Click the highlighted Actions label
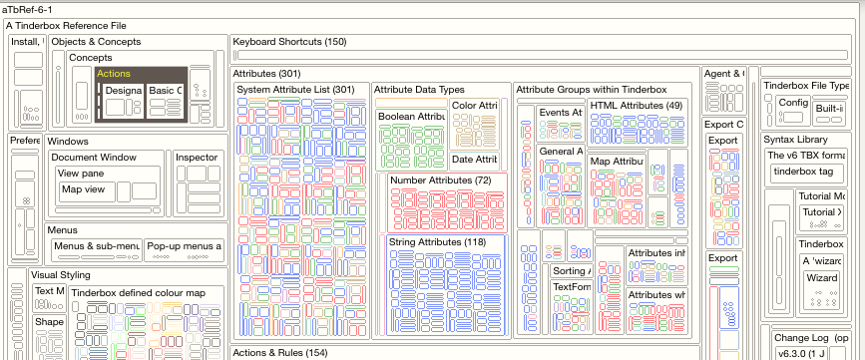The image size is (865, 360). tap(114, 74)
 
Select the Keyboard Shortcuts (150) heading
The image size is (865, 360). tap(288, 42)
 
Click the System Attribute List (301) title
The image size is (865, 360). tap(295, 90)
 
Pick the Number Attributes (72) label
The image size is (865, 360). tap(440, 180)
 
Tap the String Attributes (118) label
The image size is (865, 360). tap(438, 242)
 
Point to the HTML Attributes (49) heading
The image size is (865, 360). tap(636, 106)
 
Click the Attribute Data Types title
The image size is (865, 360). tap(419, 90)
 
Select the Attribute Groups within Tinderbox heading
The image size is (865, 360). tap(591, 90)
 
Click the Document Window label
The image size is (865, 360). tap(94, 158)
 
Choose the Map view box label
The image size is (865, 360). tap(84, 188)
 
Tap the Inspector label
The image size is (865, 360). tap(196, 158)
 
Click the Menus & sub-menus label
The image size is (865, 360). tap(96, 245)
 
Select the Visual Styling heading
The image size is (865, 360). tap(60, 275)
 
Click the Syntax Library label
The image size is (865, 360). tap(797, 140)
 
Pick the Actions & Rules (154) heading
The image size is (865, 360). tap(279, 352)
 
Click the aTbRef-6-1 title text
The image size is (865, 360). tap(30, 8)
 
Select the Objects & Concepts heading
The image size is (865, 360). tap(96, 42)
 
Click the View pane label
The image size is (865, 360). tap(81, 174)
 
